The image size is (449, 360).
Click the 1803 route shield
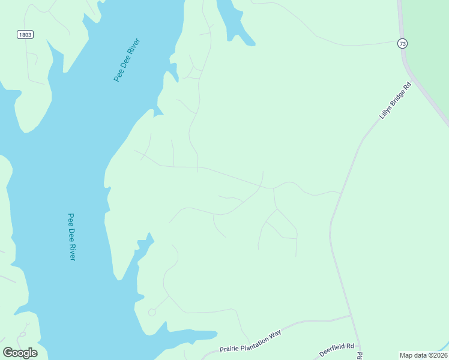pyautogui.click(x=25, y=35)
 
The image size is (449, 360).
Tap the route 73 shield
pyautogui.click(x=402, y=43)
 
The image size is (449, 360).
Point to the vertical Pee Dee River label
pyautogui.click(x=71, y=236)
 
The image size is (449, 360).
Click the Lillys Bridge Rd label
pyautogui.click(x=395, y=100)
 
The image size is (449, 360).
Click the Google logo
pyautogui.click(x=20, y=353)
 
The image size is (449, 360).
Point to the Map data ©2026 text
pyautogui.click(x=423, y=355)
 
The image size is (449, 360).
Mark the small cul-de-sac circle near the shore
pyautogui.click(x=152, y=312)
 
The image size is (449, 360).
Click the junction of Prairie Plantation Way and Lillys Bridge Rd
pyautogui.click(x=351, y=316)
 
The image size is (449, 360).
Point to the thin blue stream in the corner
pyautogui.click(x=443, y=345)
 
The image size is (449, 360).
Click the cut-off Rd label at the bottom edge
pyautogui.click(x=360, y=356)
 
